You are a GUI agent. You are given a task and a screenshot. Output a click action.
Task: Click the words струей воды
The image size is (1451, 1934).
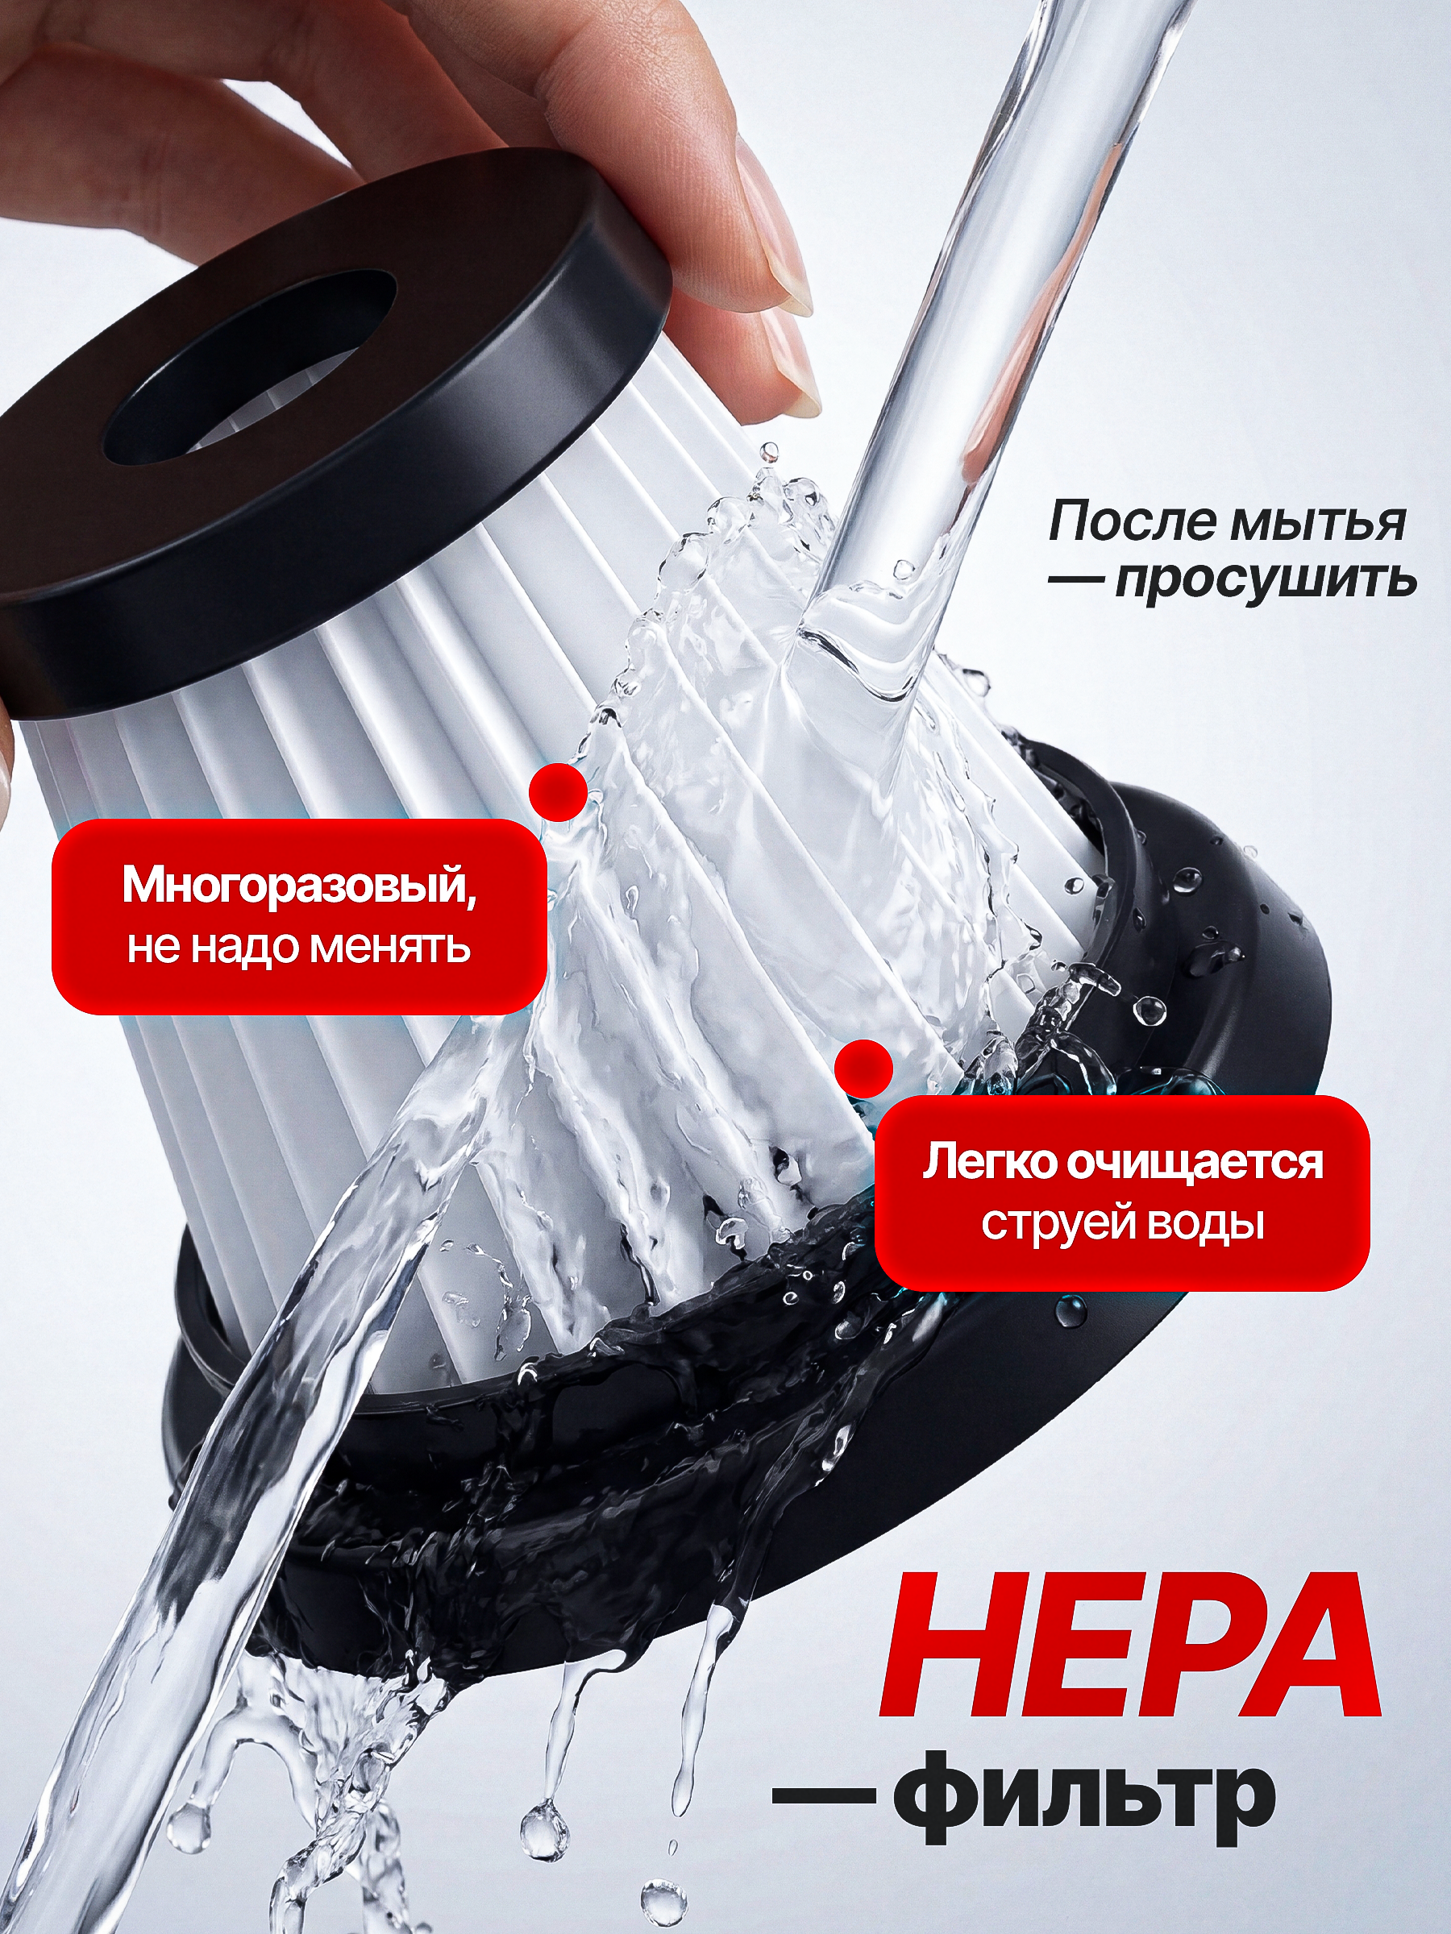click(1122, 1223)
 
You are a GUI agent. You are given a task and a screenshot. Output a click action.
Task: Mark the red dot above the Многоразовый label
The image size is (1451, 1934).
click(558, 792)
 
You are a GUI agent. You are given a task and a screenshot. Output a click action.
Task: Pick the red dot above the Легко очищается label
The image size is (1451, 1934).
click(863, 1068)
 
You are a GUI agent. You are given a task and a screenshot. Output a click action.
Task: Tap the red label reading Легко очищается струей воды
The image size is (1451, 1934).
click(1122, 1193)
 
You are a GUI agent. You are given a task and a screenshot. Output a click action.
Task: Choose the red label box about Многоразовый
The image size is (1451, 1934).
click(299, 916)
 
